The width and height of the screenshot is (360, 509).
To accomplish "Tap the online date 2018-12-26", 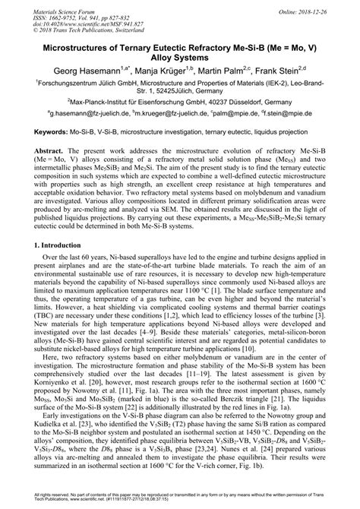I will tap(328, 7).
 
